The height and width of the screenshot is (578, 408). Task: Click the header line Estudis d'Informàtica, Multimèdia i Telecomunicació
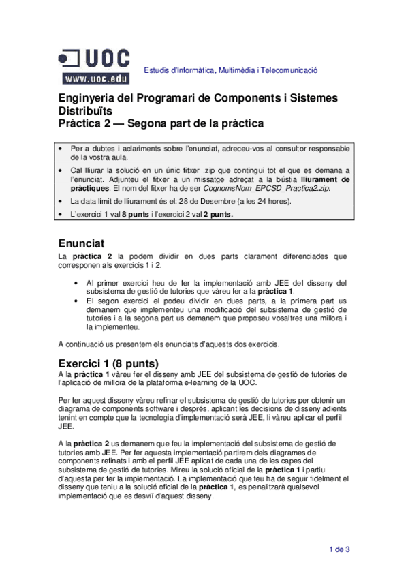point(230,71)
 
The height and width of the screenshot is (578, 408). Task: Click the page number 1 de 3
point(339,549)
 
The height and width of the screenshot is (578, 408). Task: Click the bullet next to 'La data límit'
point(63,202)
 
